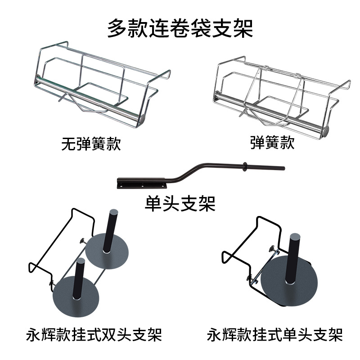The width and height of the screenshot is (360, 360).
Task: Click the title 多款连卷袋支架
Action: coord(180,28)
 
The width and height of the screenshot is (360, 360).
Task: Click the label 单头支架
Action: coord(180,203)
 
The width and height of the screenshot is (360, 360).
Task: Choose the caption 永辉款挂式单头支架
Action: coord(275,335)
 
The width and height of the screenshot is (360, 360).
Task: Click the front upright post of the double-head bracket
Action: coord(79,279)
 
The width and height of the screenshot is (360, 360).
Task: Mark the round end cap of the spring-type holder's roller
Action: coord(326,130)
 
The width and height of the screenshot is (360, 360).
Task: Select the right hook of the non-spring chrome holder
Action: coord(167,73)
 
